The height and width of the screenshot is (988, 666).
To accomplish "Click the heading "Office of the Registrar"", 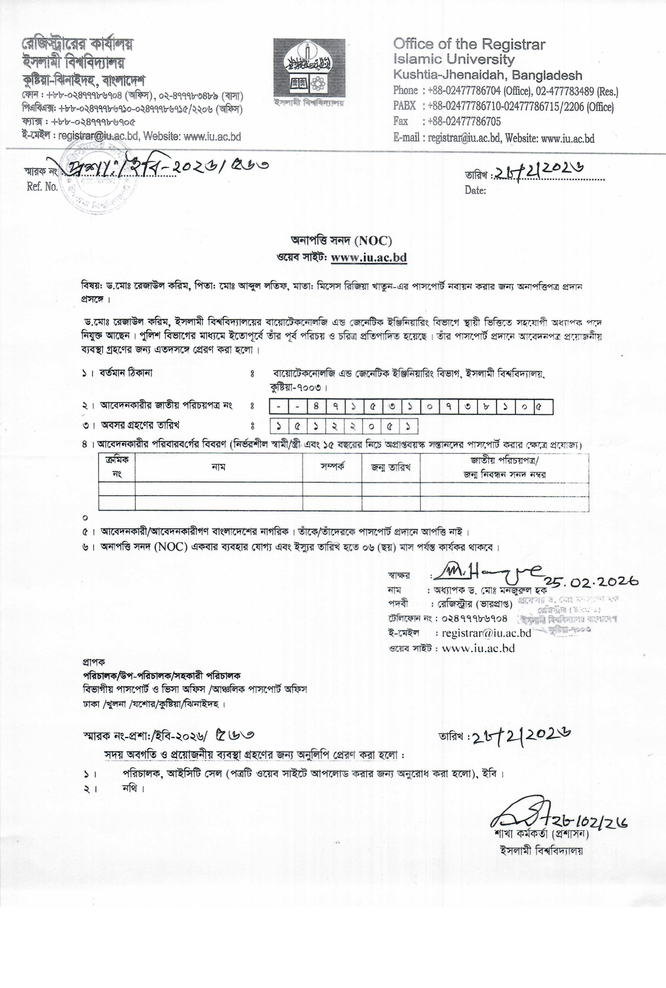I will (469, 44).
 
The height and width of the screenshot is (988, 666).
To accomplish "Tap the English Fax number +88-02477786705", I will (464, 122).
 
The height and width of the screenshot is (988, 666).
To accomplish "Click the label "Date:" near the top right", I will (475, 190).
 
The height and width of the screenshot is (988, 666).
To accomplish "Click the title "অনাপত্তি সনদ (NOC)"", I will (341, 241).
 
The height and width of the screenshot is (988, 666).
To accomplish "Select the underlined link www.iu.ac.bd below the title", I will (369, 258).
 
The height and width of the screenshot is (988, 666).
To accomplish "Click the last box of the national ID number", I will (543, 407).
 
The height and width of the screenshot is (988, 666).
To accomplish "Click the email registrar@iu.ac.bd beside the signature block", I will (486, 633).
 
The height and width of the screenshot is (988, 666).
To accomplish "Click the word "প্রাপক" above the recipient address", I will (93, 662).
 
